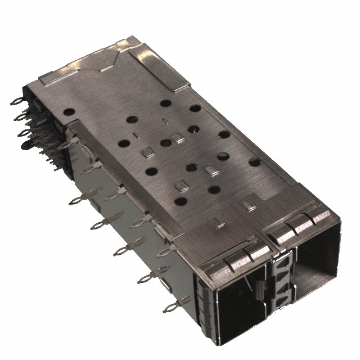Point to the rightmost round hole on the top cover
pos(254,163)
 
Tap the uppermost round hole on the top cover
pos(166,103)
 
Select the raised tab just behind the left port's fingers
pos(216,222)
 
